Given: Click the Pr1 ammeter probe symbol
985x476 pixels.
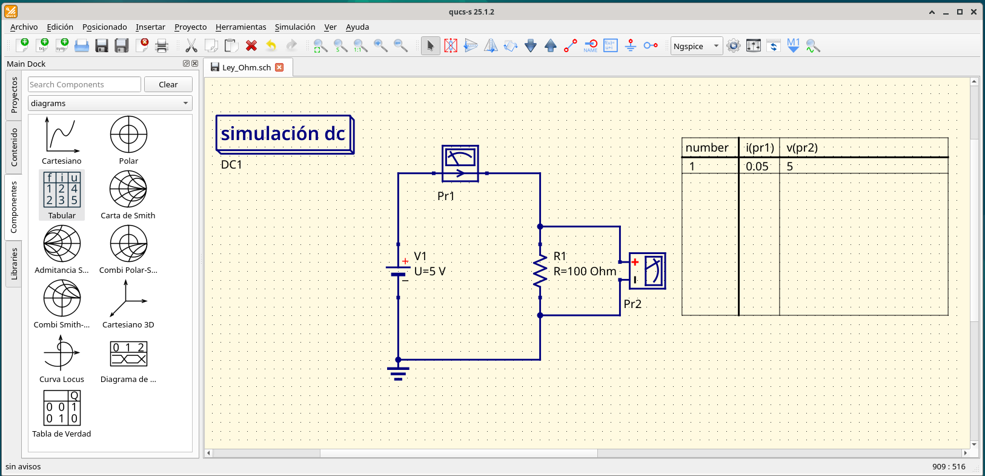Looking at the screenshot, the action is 460,164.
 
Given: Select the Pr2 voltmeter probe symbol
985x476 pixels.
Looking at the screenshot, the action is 648,271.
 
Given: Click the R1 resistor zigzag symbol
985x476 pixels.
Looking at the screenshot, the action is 540,271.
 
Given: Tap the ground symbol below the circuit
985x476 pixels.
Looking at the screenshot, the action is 398,373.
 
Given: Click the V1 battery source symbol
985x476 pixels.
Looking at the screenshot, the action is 398,269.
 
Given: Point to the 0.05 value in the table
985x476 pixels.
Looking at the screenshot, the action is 757,166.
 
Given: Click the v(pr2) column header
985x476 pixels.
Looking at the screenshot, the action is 802,147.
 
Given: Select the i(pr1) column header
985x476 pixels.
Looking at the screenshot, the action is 760,147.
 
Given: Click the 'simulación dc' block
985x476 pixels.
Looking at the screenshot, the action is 285,134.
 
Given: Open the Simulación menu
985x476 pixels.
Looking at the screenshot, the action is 295,27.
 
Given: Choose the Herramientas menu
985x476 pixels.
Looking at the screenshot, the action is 240,27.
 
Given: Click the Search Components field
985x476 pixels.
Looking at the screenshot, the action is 84,84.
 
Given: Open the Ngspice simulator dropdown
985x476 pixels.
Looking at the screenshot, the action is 697,46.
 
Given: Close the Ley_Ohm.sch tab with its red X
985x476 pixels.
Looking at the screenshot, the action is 279,67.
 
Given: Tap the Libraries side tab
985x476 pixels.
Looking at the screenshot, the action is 14,264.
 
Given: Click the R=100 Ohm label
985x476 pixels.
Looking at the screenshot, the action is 585,271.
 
